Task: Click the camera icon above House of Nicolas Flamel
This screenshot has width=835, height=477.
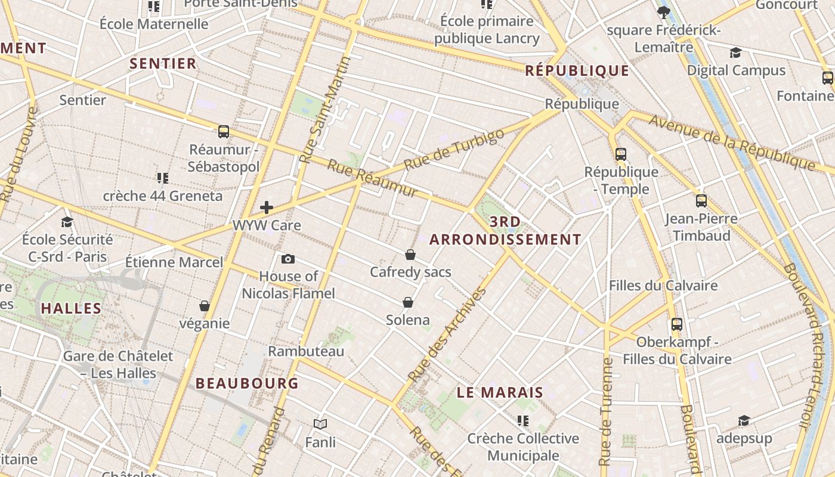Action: coord(288,259)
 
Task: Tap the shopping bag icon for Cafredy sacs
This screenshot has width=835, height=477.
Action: coord(410,255)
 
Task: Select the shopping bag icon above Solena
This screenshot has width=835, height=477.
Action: coord(408,302)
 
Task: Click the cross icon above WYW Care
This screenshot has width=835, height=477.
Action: coord(267,207)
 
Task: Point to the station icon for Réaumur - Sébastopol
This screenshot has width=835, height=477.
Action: coord(224,131)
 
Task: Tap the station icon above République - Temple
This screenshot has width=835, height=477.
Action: coord(621,154)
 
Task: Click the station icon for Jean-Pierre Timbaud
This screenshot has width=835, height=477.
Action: coord(701,201)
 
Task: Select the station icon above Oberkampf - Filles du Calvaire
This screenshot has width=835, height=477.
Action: coord(677,324)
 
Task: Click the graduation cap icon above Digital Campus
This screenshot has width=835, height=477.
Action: coord(735,52)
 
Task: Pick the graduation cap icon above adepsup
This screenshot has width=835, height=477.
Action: coord(743,421)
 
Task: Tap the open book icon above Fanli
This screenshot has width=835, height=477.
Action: coord(320,424)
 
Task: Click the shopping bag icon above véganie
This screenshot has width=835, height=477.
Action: coord(205,306)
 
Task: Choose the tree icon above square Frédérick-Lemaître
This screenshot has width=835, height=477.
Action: coord(663,12)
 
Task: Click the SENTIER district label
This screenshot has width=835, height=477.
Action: coord(163,64)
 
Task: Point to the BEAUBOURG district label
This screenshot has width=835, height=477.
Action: coord(247,383)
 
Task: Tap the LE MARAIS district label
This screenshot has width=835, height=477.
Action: coord(500,392)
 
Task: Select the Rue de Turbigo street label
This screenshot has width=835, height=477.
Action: coord(454,149)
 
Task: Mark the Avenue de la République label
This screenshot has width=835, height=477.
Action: coord(732,142)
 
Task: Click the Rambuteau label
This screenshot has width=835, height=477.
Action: coord(306,351)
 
